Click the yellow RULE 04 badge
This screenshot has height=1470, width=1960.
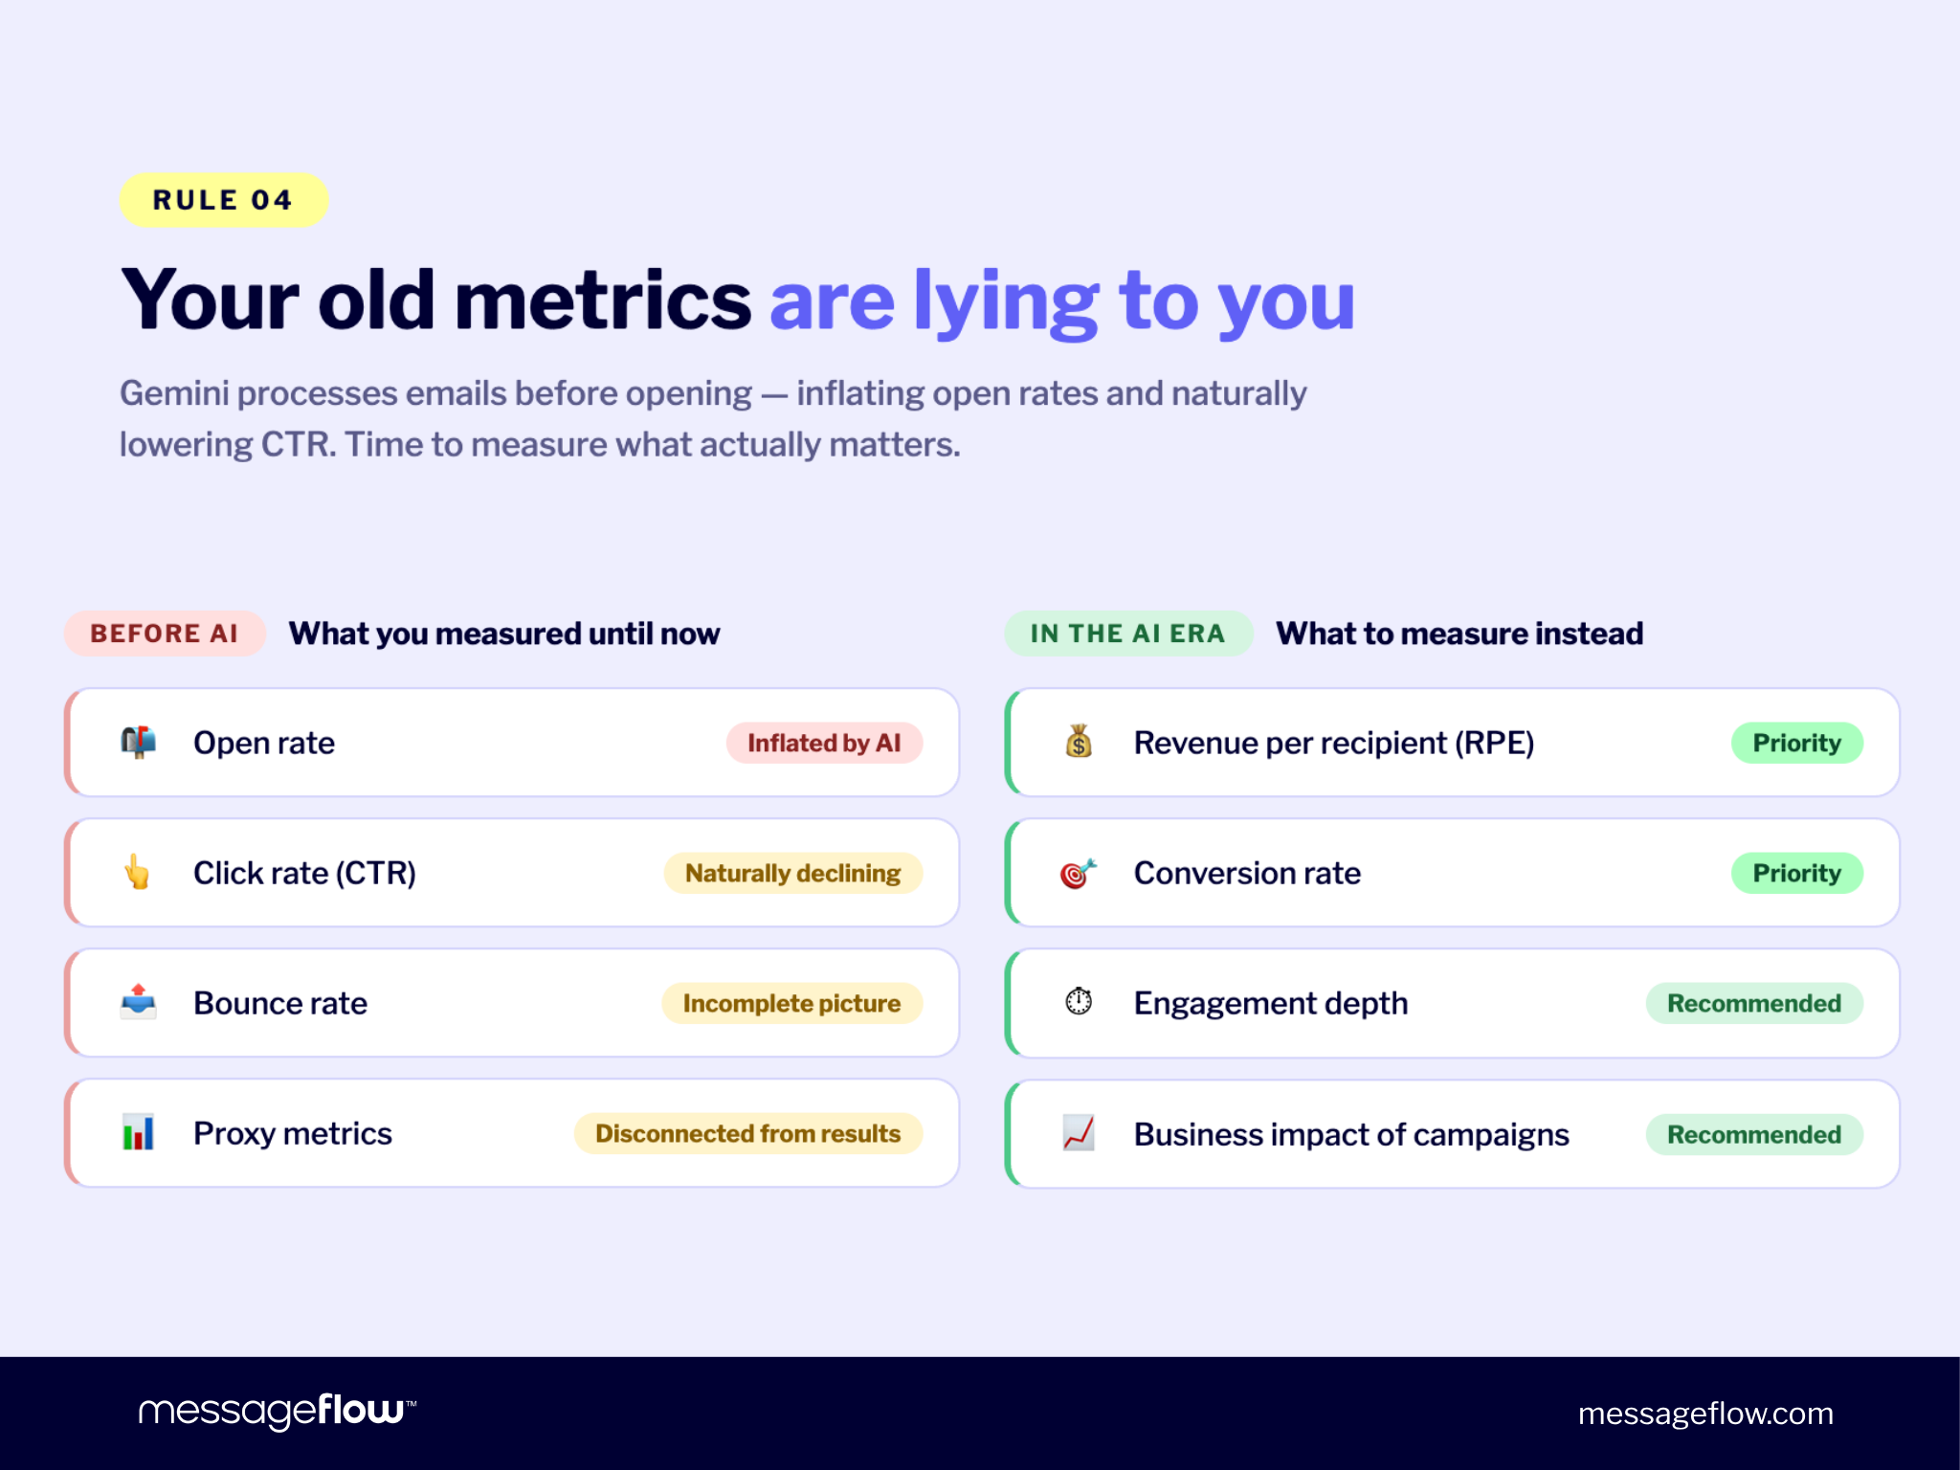[223, 200]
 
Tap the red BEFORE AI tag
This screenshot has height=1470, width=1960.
[164, 634]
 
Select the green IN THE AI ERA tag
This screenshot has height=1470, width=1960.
[1127, 634]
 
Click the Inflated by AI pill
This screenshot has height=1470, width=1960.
[823, 743]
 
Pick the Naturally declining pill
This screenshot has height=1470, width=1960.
[792, 873]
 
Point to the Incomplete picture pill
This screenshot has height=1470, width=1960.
[791, 1003]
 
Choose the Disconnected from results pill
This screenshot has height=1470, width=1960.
[747, 1133]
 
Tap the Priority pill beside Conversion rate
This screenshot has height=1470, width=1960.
[1796, 873]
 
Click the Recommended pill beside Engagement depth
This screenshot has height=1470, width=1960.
[1753, 1003]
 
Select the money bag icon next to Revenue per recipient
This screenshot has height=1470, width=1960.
[1079, 742]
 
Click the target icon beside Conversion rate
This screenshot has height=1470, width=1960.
[1078, 873]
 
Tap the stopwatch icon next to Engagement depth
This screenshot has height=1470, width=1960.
[1079, 1001]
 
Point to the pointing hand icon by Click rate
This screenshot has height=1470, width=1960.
[138, 872]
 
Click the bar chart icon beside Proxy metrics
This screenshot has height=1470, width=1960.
[138, 1132]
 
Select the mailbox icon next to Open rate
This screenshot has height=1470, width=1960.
[138, 742]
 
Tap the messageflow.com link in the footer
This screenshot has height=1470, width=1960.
[1705, 1414]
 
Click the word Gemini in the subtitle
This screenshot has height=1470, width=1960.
[172, 393]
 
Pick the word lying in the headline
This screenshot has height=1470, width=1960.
[1005, 301]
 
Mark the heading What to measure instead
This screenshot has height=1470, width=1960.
[1459, 634]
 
